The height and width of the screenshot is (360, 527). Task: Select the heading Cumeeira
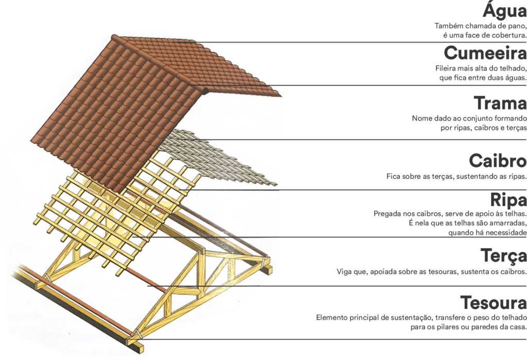(x=485, y=53)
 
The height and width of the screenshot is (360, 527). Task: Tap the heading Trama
(x=500, y=103)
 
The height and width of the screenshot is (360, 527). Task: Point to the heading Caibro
(x=498, y=161)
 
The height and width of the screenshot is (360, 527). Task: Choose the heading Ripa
(x=508, y=199)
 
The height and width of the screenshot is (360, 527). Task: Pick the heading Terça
(x=503, y=255)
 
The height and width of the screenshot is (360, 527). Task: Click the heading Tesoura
(x=494, y=302)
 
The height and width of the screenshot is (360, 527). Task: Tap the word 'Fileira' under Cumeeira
(x=446, y=68)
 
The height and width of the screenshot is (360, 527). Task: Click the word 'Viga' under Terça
(x=344, y=271)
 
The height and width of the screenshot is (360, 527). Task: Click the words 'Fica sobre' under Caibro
(x=403, y=176)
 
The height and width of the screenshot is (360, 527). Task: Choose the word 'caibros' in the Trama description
(x=486, y=128)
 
